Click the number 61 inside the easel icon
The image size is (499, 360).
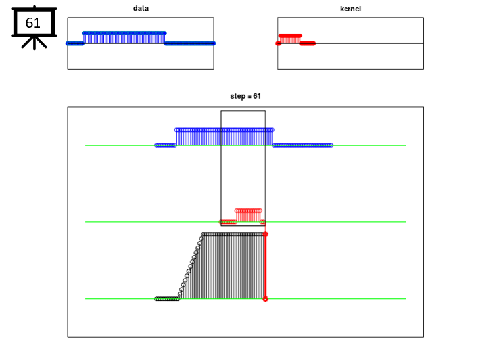coord(33,23)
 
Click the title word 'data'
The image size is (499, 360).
coord(141,8)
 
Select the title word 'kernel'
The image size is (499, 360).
coord(350,9)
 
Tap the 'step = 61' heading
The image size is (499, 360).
coord(245,96)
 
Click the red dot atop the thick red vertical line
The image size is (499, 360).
coord(265,235)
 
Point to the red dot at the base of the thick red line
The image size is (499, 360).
coord(265,299)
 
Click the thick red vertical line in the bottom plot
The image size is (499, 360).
coord(265,267)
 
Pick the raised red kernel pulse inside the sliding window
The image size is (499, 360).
coord(249,215)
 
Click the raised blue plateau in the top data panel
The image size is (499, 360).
coord(124,37)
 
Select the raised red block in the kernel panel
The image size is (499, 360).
coord(290,39)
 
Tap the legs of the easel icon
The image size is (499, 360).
coord(34,43)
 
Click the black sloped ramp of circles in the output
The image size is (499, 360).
coord(191,267)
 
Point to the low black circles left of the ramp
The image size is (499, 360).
coord(168,299)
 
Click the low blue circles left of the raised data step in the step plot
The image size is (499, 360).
coord(166,145)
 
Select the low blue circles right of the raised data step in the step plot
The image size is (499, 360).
coord(302,145)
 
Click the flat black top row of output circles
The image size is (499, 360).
coord(234,235)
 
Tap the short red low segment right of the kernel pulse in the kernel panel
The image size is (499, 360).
coord(308,43)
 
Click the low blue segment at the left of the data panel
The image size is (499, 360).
coord(75,43)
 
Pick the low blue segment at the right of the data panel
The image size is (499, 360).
coord(190,43)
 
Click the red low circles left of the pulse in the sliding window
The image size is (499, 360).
coord(228,222)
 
